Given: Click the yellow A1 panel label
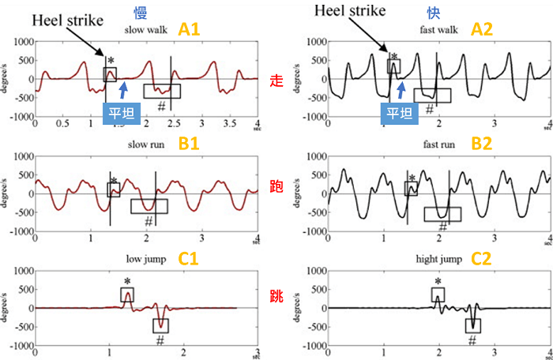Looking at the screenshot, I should (190, 30).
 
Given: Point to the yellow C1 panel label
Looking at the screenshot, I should (190, 259).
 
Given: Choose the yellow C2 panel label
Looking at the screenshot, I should (480, 259).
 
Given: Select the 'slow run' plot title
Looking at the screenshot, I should (143, 145).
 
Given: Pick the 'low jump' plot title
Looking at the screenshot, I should (142, 258).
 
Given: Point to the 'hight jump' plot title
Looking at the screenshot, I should (434, 258).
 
